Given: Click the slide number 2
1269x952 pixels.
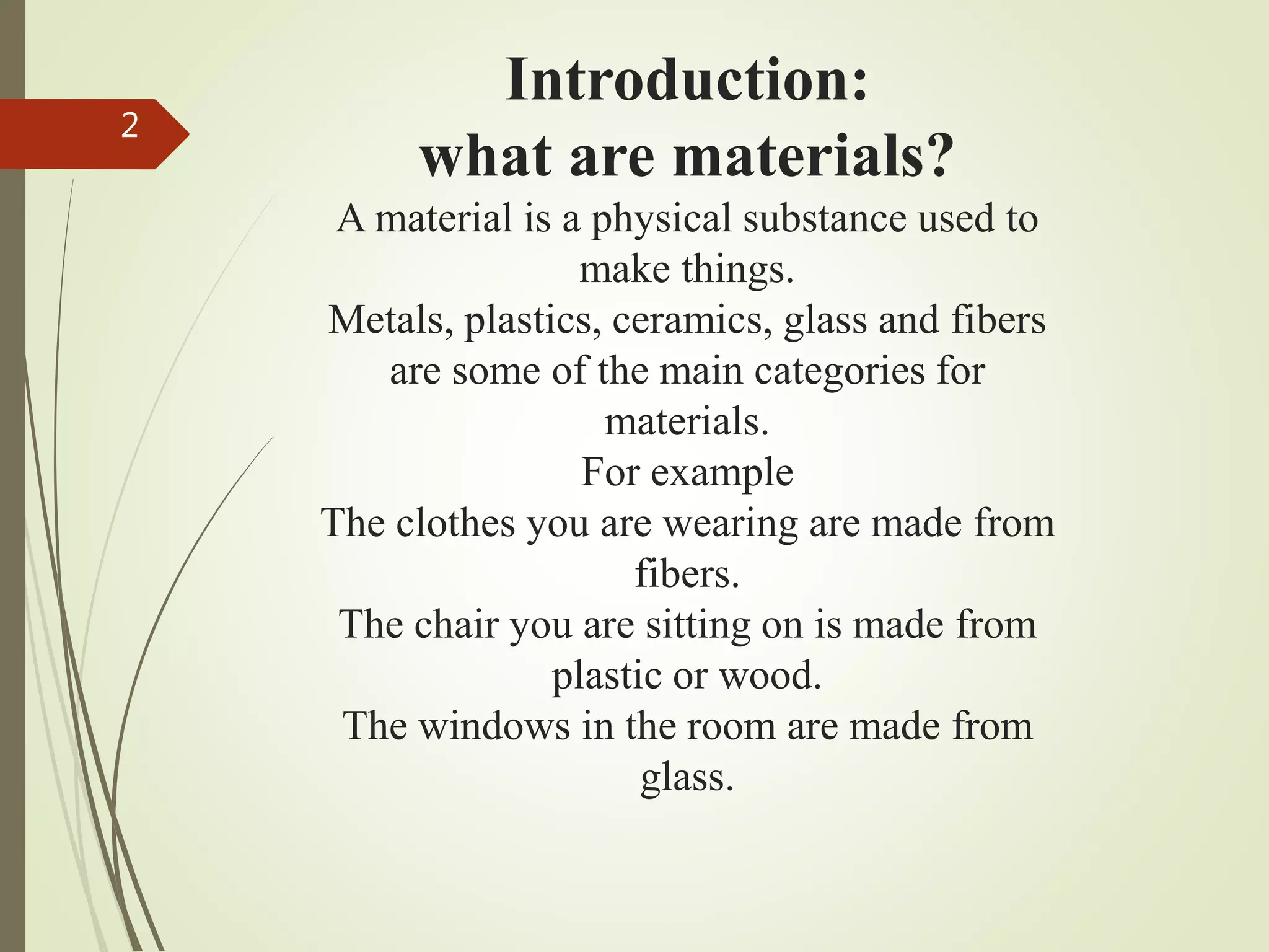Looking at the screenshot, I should [x=129, y=126].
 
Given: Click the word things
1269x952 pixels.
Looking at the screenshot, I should [x=737, y=270].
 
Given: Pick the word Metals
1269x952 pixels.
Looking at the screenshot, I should [x=390, y=320].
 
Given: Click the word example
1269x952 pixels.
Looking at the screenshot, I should [x=722, y=474].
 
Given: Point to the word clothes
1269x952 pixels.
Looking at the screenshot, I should [x=455, y=523].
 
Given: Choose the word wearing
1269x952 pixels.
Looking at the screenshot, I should [x=731, y=524].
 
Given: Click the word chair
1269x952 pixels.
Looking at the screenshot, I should [x=456, y=625].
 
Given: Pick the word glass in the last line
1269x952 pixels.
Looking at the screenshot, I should [x=687, y=778].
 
